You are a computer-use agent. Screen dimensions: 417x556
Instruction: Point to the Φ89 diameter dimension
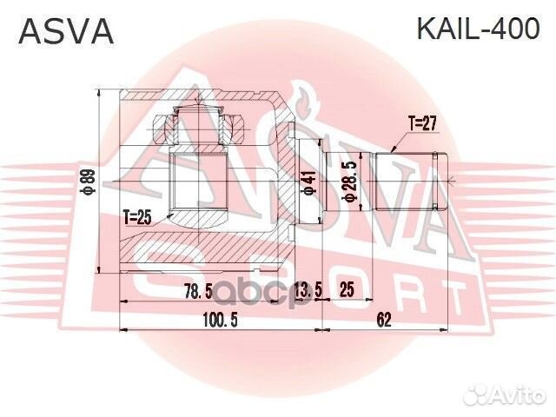point(87,182)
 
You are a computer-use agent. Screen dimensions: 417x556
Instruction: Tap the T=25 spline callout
point(138,215)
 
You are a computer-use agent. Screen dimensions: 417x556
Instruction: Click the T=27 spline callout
point(421,123)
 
